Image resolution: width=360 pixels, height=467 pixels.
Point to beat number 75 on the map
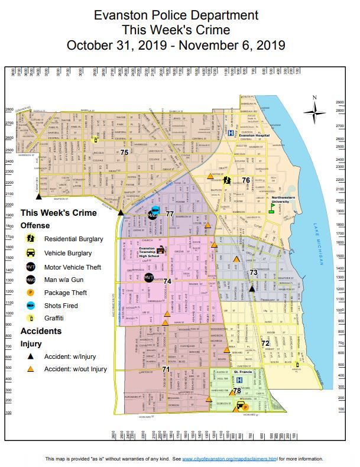[x=124, y=153]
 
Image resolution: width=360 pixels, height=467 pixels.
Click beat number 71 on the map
[x=166, y=369]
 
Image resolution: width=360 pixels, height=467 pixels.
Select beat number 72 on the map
[x=265, y=343]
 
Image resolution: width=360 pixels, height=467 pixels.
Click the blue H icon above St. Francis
[x=239, y=380]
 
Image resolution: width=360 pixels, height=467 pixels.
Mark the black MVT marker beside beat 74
[x=149, y=277]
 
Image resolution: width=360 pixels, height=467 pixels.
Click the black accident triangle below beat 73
[x=252, y=288]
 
